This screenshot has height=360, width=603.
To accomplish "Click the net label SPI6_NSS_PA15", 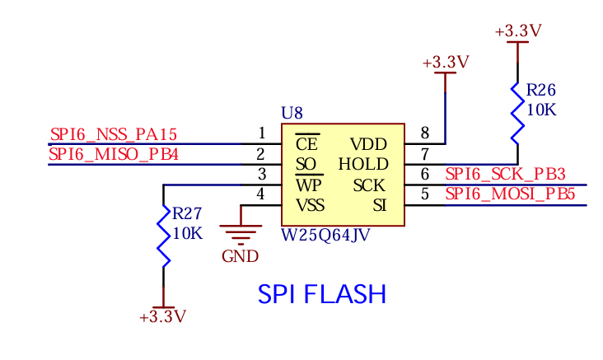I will [113, 134].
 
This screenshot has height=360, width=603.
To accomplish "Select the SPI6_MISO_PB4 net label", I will [113, 154].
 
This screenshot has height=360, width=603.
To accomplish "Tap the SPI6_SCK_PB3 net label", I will [505, 174].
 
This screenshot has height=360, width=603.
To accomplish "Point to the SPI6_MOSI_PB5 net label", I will [509, 194].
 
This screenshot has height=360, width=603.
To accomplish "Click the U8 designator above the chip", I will [292, 113].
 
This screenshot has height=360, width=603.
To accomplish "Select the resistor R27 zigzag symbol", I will [163, 236].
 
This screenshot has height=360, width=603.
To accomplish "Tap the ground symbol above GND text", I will [241, 234].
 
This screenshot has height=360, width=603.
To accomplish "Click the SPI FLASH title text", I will [321, 294].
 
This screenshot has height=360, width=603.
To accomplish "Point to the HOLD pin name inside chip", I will [362, 165].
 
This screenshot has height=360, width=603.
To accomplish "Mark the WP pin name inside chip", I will [308, 185].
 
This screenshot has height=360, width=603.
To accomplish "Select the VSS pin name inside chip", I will [310, 205].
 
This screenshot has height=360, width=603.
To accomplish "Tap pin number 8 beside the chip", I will [424, 133].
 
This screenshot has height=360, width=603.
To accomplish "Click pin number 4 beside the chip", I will [261, 194].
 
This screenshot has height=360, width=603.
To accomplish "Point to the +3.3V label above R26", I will [518, 31].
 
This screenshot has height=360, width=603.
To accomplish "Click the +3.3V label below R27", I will [163, 316].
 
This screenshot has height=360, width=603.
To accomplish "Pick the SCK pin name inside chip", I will [369, 185].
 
